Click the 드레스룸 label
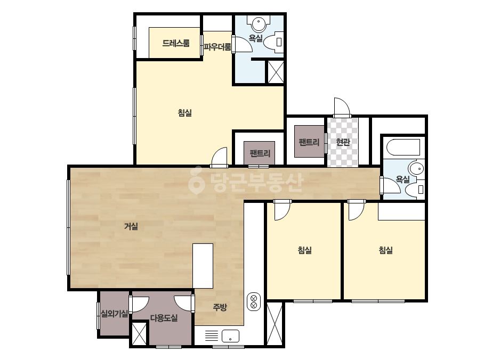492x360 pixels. (176, 43)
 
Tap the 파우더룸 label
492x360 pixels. (217, 47)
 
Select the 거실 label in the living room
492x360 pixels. (131, 226)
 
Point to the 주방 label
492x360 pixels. (220, 307)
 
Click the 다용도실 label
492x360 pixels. (164, 318)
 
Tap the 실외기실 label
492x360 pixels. (114, 313)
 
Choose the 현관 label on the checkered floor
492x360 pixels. (343, 142)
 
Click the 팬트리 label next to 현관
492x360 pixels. (309, 142)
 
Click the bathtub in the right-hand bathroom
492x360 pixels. (403, 148)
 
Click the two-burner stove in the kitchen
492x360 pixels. (254, 301)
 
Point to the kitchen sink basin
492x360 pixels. (230, 336)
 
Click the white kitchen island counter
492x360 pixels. (203, 266)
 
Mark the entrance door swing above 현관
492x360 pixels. (342, 107)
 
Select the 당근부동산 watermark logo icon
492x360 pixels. (196, 181)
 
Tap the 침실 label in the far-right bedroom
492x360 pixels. (385, 250)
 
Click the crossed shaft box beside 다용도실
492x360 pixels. (139, 333)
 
